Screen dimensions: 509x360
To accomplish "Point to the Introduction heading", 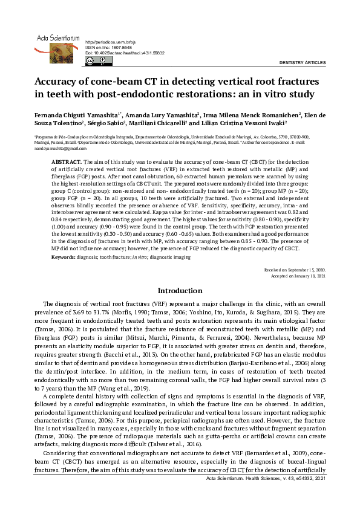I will [x=179, y=291].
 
